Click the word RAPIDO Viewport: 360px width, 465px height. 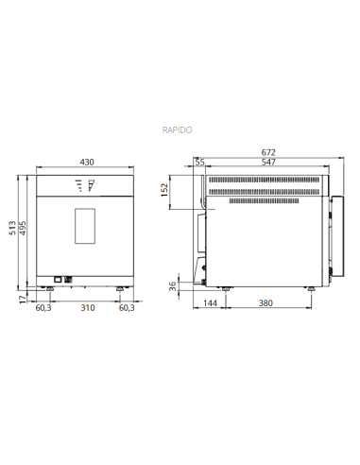pyautogui.click(x=180, y=132)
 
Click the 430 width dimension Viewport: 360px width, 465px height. pyautogui.click(x=86, y=163)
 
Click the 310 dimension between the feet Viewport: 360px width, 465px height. pyautogui.click(x=86, y=308)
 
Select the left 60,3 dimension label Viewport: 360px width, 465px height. pyautogui.click(x=43, y=308)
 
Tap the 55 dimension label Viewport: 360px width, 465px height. pyautogui.click(x=199, y=163)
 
